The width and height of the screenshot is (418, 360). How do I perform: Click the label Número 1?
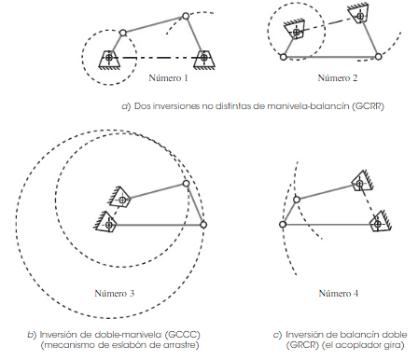click(168, 77)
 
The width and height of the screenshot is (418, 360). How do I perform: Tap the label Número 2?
click(338, 77)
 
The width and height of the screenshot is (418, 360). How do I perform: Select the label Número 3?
click(115, 293)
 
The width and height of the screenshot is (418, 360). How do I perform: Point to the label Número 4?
click(339, 293)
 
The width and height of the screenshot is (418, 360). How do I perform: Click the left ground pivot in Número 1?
click(109, 58)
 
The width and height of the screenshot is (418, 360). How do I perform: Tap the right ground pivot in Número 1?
click(204, 58)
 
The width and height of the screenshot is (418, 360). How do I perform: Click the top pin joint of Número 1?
click(186, 16)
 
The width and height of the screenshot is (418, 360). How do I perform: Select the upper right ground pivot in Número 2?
click(360, 16)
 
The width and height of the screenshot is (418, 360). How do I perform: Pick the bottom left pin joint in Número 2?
click(284, 57)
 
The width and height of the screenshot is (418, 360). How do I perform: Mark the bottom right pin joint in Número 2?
click(378, 57)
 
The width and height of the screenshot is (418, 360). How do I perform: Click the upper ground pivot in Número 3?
click(122, 200)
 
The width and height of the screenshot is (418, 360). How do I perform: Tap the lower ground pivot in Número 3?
click(109, 225)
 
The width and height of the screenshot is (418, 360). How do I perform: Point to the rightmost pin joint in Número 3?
click(203, 225)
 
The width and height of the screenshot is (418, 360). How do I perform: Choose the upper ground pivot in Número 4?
click(359, 184)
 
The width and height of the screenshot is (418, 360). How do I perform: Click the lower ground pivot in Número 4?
click(378, 224)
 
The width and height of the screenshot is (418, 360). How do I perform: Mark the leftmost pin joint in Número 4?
click(283, 225)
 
